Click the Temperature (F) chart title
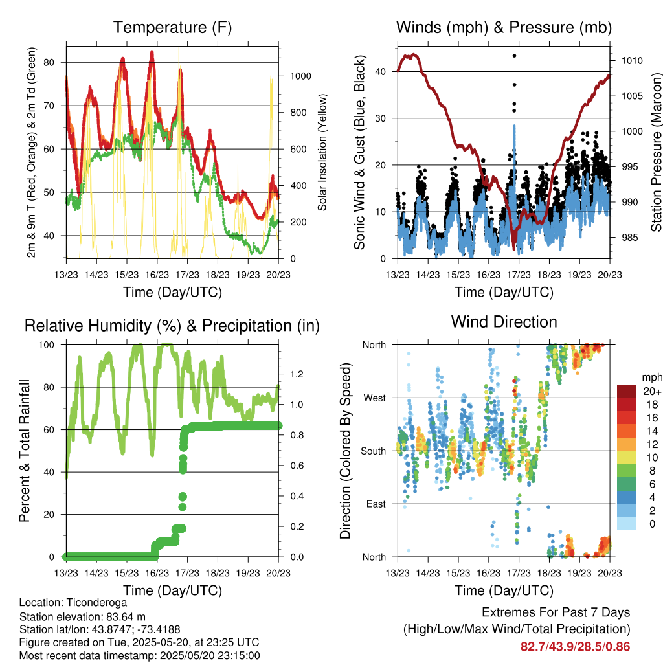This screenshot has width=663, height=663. tap(172, 27)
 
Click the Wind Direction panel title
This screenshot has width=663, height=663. tap(504, 322)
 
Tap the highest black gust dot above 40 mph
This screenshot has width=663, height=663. tap(514, 56)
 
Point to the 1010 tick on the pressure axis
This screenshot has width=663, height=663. tap(632, 61)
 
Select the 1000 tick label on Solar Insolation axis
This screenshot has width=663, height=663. tap(300, 76)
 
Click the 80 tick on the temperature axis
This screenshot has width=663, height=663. tap(49, 63)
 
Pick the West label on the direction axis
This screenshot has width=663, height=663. tap(375, 398)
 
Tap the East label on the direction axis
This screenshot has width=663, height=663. tap(376, 504)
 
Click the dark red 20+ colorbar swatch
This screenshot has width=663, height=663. tap(627, 391)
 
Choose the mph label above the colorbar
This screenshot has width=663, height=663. tap(652, 377)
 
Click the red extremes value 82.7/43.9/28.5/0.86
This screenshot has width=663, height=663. tap(575, 647)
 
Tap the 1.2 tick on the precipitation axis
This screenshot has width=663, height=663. tap(297, 374)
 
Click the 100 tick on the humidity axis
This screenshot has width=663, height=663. tap(47, 345)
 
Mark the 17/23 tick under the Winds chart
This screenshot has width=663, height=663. tap(519, 275)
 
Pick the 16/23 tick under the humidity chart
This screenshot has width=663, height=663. tap(157, 573)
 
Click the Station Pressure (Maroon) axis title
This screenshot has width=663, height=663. tap(657, 152)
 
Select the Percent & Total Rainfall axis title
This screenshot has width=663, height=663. tap(25, 451)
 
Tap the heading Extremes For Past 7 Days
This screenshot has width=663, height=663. tap(556, 612)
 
